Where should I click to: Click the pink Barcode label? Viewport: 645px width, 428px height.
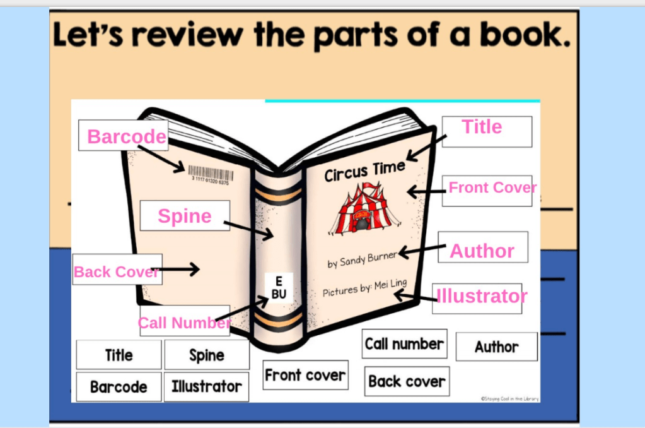(x=126, y=136)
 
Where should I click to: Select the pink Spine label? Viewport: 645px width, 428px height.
(x=185, y=216)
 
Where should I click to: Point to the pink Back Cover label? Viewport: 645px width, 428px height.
(x=117, y=271)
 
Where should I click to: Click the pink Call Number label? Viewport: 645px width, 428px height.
(x=184, y=323)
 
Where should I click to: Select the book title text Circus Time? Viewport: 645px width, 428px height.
(x=364, y=170)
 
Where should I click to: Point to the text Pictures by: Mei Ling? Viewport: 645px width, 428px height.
(x=364, y=288)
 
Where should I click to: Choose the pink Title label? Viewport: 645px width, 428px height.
(x=482, y=127)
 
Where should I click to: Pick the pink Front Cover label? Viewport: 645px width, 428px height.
(x=492, y=187)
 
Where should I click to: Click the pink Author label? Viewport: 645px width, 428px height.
(x=482, y=251)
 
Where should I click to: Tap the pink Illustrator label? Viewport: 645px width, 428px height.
(x=482, y=295)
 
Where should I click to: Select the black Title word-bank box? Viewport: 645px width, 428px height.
(x=119, y=355)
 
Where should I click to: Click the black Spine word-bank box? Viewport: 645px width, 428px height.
(x=207, y=355)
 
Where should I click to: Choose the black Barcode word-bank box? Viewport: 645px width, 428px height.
(x=119, y=386)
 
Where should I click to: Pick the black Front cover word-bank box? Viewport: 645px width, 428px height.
(x=305, y=375)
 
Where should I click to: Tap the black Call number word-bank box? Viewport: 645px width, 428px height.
(x=404, y=344)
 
